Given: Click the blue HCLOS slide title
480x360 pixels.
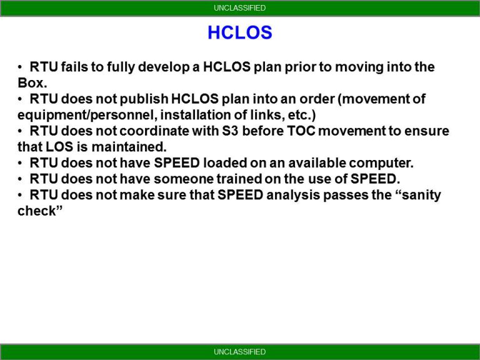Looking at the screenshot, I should coord(239,32).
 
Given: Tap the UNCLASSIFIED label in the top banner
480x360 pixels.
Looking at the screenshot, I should coord(239,8).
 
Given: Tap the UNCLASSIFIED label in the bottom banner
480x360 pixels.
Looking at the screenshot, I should coord(239,352).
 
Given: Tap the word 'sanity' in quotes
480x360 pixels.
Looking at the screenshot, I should coord(416,196).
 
